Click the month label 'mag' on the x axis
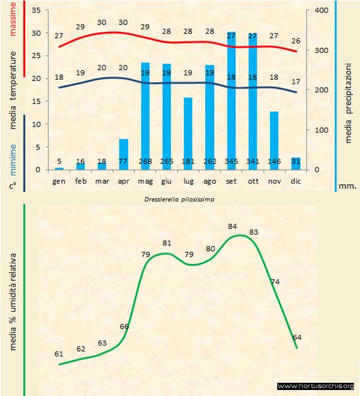click(145, 180)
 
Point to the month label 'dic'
click(295, 180)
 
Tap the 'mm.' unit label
click(347, 186)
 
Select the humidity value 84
click(233, 226)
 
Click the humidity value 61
click(59, 354)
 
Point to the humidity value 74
click(275, 281)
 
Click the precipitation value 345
click(231, 161)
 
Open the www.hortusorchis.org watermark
click(316, 386)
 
